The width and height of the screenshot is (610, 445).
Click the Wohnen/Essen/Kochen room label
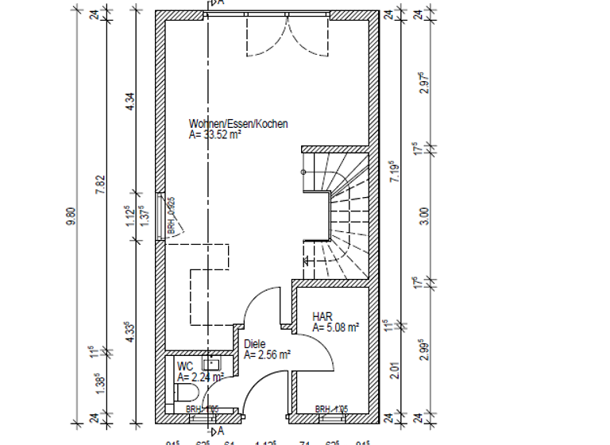(x=238, y=124)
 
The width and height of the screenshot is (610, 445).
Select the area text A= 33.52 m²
(x=214, y=135)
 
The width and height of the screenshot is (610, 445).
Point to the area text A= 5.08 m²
(x=336, y=327)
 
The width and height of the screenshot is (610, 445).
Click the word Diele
(x=255, y=344)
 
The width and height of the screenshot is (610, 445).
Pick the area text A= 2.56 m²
(x=268, y=355)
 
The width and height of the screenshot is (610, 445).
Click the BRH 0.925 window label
(x=171, y=216)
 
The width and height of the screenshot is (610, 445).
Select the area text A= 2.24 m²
(x=200, y=377)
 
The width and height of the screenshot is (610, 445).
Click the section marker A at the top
(x=218, y=4)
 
